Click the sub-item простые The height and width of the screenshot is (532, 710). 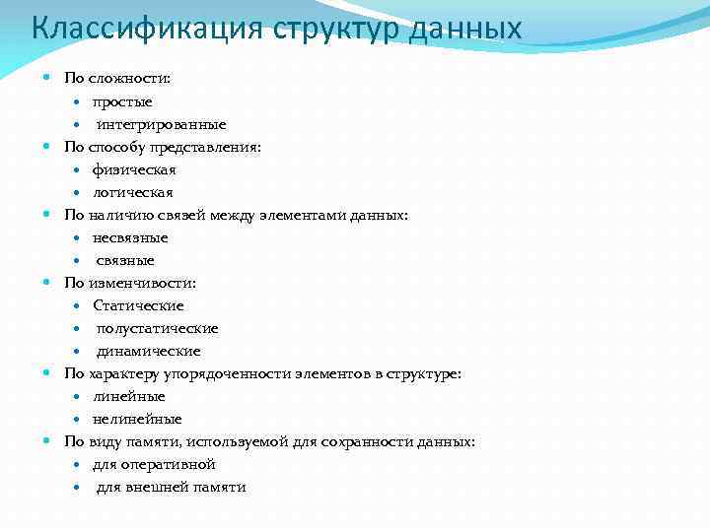click(x=122, y=101)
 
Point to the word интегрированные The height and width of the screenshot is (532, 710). click(x=161, y=124)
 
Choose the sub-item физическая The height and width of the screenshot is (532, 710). click(x=134, y=169)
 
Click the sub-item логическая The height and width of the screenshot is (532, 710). click(x=133, y=192)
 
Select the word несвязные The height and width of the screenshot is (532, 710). click(x=130, y=237)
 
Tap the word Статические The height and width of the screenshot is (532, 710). click(x=138, y=305)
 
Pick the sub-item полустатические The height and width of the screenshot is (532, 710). click(x=157, y=328)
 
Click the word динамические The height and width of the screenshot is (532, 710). click(x=148, y=351)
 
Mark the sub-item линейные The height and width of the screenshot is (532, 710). click(x=129, y=396)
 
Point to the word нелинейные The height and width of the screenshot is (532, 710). click(x=137, y=419)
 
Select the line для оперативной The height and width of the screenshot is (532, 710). click(x=154, y=464)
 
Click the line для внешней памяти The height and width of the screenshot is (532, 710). click(x=171, y=487)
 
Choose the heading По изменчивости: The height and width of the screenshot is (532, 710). click(x=130, y=283)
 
